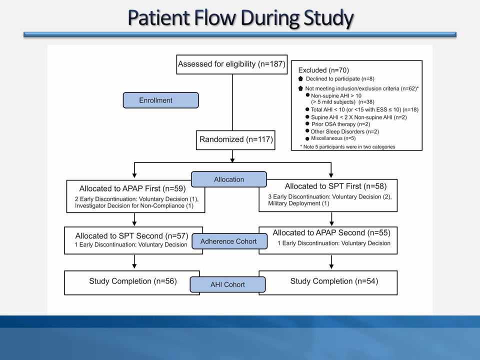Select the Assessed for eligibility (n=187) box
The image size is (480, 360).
[x=232, y=64]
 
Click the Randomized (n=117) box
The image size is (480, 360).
[x=236, y=140]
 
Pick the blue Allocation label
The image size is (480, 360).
[x=229, y=179]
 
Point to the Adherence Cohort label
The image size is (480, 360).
[x=228, y=241]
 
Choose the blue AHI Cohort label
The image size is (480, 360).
[x=227, y=284]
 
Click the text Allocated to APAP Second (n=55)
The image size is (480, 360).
[x=331, y=233]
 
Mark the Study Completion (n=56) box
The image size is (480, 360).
[x=132, y=281]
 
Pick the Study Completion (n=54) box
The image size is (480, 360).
[x=334, y=281]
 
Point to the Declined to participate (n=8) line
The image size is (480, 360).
[x=340, y=79]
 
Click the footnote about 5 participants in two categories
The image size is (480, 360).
[x=347, y=146]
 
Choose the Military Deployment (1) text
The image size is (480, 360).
[x=298, y=203]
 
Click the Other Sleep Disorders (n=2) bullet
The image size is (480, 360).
[x=344, y=131]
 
